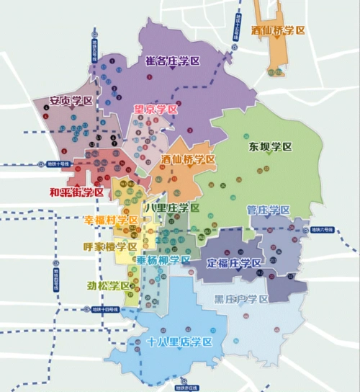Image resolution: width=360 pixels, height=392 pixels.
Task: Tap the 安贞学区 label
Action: click(x=71, y=102)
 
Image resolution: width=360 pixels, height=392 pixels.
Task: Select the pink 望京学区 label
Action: click(x=155, y=110)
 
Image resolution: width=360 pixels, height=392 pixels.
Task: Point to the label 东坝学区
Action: click(x=271, y=146)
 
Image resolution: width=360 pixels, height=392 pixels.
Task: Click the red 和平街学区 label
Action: click(x=76, y=192)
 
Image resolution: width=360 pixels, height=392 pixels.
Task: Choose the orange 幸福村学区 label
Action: click(x=111, y=220)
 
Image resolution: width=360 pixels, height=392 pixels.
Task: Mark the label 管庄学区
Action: click(x=268, y=210)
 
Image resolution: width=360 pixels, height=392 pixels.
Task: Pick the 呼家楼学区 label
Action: click(x=110, y=246)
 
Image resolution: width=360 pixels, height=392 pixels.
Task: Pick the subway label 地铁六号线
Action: click(x=323, y=230)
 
